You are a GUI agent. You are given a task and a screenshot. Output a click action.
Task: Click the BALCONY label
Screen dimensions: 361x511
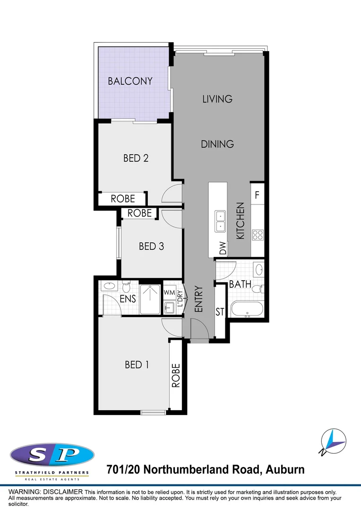click(130, 81)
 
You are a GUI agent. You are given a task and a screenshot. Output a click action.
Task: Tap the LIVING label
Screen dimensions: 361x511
click(217, 99)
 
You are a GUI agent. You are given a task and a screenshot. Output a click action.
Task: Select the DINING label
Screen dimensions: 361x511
click(217, 144)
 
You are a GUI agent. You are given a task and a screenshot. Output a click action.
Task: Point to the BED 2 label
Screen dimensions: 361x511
click(136, 158)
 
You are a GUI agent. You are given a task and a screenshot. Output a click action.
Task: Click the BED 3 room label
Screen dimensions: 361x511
click(151, 246)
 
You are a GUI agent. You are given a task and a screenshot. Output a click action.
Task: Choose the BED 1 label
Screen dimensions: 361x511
click(137, 364)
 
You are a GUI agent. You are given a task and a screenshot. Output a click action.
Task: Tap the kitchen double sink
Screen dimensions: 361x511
click(220, 221)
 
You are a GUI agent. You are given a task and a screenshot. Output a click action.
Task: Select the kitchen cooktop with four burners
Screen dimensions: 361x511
click(258, 235)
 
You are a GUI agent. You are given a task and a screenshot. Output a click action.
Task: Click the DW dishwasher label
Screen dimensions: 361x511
click(223, 248)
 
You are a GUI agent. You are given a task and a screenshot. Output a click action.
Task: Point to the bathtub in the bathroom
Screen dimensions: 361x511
click(247, 309)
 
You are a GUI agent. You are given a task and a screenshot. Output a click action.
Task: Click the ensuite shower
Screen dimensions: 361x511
click(150, 300)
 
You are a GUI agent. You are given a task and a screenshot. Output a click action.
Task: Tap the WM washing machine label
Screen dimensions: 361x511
click(169, 293)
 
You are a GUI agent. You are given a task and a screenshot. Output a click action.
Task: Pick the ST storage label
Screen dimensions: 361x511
click(220, 312)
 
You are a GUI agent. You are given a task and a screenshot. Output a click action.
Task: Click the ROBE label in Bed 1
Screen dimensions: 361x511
click(176, 375)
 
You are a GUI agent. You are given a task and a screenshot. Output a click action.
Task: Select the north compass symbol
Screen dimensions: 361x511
click(333, 441)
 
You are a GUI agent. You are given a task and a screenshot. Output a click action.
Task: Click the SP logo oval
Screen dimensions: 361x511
click(52, 455)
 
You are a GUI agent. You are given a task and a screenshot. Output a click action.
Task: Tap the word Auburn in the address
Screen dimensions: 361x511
click(285, 470)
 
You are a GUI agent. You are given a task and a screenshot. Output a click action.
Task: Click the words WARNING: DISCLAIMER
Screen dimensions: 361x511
click(45, 492)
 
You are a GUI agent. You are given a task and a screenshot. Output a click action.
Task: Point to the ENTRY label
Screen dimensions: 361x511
click(198, 299)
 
